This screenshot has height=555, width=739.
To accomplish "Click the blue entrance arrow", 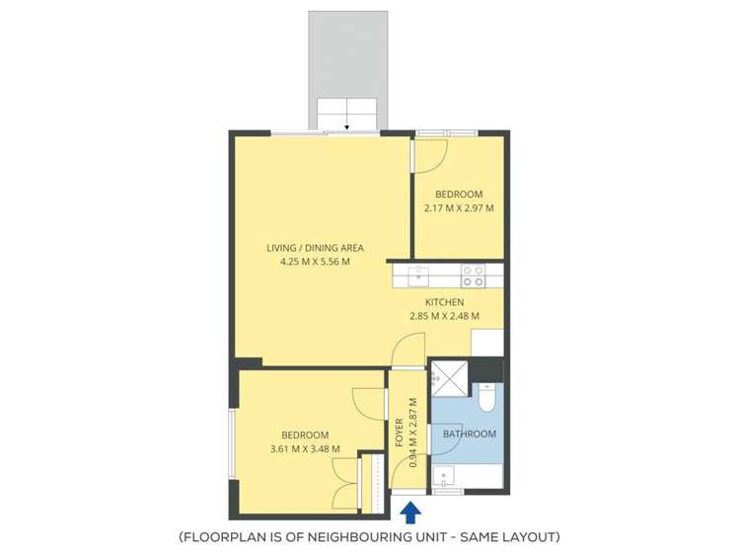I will click(411, 512).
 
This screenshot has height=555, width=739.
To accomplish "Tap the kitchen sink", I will click(418, 271).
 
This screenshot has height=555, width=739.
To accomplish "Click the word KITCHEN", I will click(444, 302).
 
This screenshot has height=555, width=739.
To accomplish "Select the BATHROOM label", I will click(469, 434).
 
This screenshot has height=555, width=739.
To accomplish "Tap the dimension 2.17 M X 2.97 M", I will click(459, 207).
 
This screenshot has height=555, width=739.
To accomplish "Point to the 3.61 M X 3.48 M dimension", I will click(305, 448).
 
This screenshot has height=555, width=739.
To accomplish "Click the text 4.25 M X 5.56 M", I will click(315, 262).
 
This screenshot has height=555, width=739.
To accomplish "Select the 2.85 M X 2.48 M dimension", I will click(444, 316).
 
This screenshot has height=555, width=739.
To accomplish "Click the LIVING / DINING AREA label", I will click(315, 248).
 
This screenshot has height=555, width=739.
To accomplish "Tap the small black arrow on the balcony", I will click(346, 126).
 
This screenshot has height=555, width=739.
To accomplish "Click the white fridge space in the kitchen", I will click(486, 342).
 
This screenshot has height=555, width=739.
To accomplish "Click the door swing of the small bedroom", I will click(431, 153).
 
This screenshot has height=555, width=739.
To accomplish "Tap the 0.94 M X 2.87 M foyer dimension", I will click(412, 436).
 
